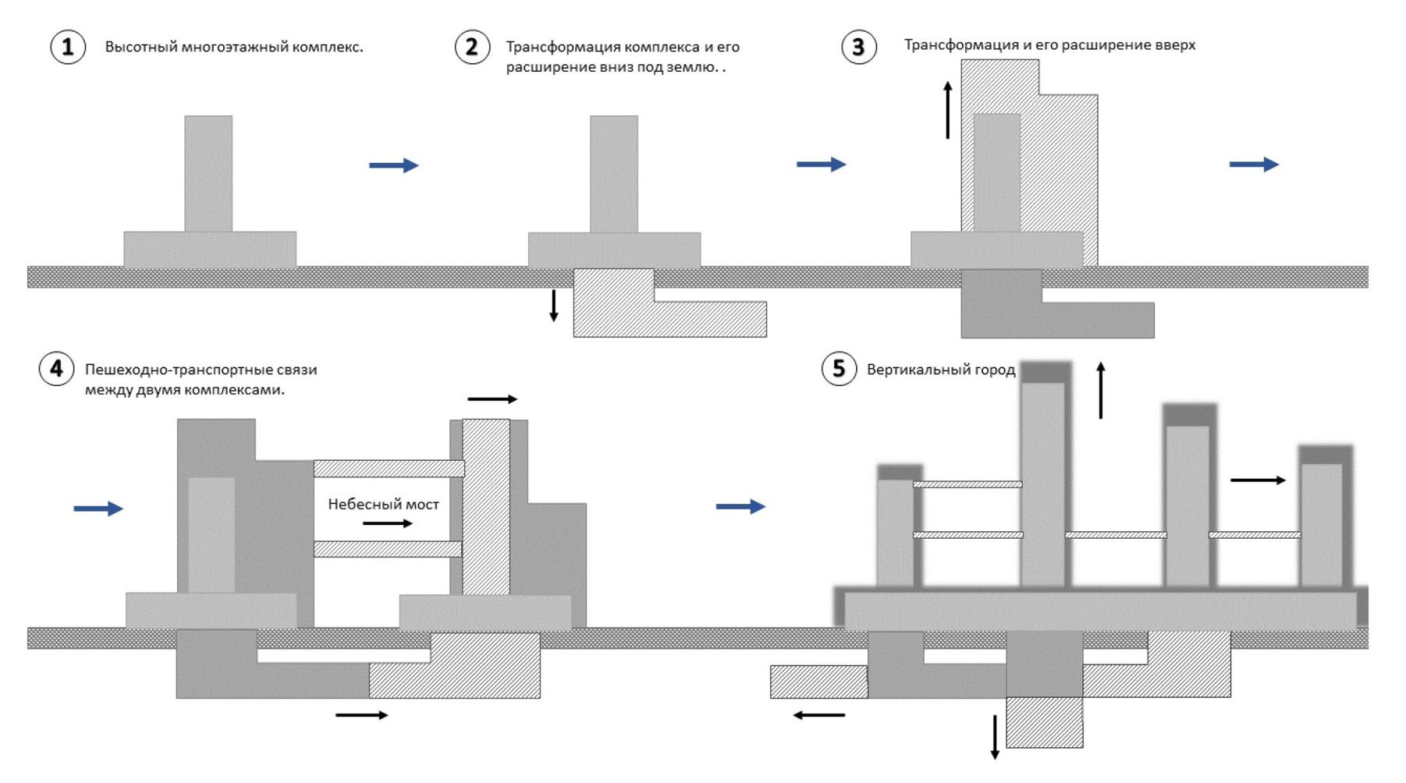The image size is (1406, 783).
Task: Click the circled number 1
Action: [68, 47]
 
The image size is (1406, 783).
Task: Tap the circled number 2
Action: [472, 47]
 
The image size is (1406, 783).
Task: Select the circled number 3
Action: [858, 47]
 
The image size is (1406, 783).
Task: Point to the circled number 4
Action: [56, 369]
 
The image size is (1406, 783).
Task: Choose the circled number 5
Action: [839, 368]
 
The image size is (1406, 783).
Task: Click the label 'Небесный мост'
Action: [383, 505]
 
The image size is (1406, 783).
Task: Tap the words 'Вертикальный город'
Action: [940, 370]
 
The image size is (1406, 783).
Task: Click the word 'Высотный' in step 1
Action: [140, 47]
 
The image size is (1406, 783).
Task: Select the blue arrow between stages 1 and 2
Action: [394, 165]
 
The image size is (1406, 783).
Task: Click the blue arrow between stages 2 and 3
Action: [821, 165]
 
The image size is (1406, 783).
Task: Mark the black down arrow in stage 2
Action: [554, 305]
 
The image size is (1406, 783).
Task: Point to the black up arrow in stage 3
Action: [948, 110]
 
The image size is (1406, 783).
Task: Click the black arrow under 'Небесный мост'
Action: [388, 523]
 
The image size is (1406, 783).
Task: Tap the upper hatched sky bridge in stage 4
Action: [389, 469]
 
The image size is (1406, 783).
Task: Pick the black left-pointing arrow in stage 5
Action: [819, 715]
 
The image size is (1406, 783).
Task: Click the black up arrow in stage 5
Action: [1101, 390]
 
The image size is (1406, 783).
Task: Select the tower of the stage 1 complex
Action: [208, 173]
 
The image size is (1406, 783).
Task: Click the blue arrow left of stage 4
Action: [98, 508]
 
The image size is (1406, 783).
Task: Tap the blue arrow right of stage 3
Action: [1254, 165]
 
